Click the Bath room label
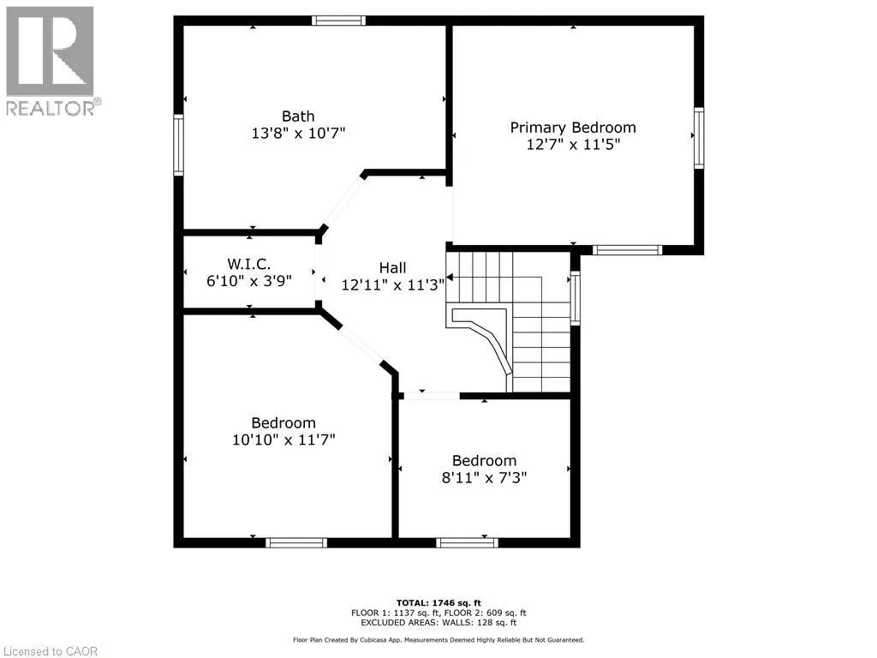click(x=298, y=117)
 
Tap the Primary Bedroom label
click(x=573, y=128)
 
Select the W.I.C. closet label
click(x=249, y=264)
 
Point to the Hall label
click(x=392, y=268)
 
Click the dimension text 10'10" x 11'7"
click(x=283, y=440)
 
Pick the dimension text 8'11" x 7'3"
click(x=485, y=478)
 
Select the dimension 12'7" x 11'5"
click(x=573, y=144)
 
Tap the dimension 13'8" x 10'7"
click(x=298, y=133)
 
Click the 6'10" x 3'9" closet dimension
click(x=249, y=280)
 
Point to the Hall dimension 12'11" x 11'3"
click(x=392, y=284)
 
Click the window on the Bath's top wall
click(x=338, y=21)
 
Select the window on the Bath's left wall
click(x=178, y=145)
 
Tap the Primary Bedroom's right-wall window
click(x=699, y=138)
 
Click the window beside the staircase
click(x=575, y=297)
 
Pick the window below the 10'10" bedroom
click(x=296, y=542)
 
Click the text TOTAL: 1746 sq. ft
click(x=438, y=602)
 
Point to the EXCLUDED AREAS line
click(x=438, y=622)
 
